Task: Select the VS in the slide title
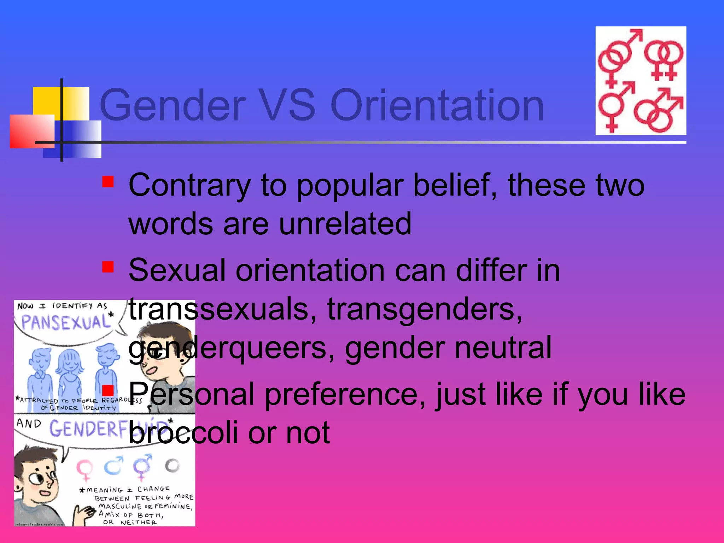[287, 105]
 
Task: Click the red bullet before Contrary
[108, 182]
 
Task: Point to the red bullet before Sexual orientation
[108, 267]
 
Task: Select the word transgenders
[425, 309]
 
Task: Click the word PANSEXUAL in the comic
[65, 322]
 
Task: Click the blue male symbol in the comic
[113, 466]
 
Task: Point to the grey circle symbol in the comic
[172, 466]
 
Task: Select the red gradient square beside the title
[32, 131]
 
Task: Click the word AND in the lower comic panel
[29, 423]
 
